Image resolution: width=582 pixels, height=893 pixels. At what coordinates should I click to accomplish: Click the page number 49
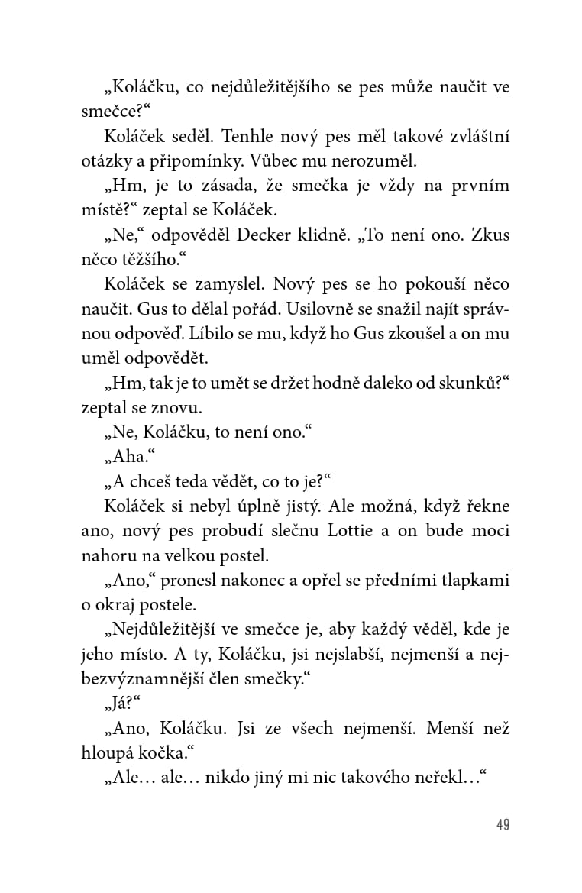tap(502, 824)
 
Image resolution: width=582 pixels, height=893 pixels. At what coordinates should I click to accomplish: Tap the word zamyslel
tap(221, 284)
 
